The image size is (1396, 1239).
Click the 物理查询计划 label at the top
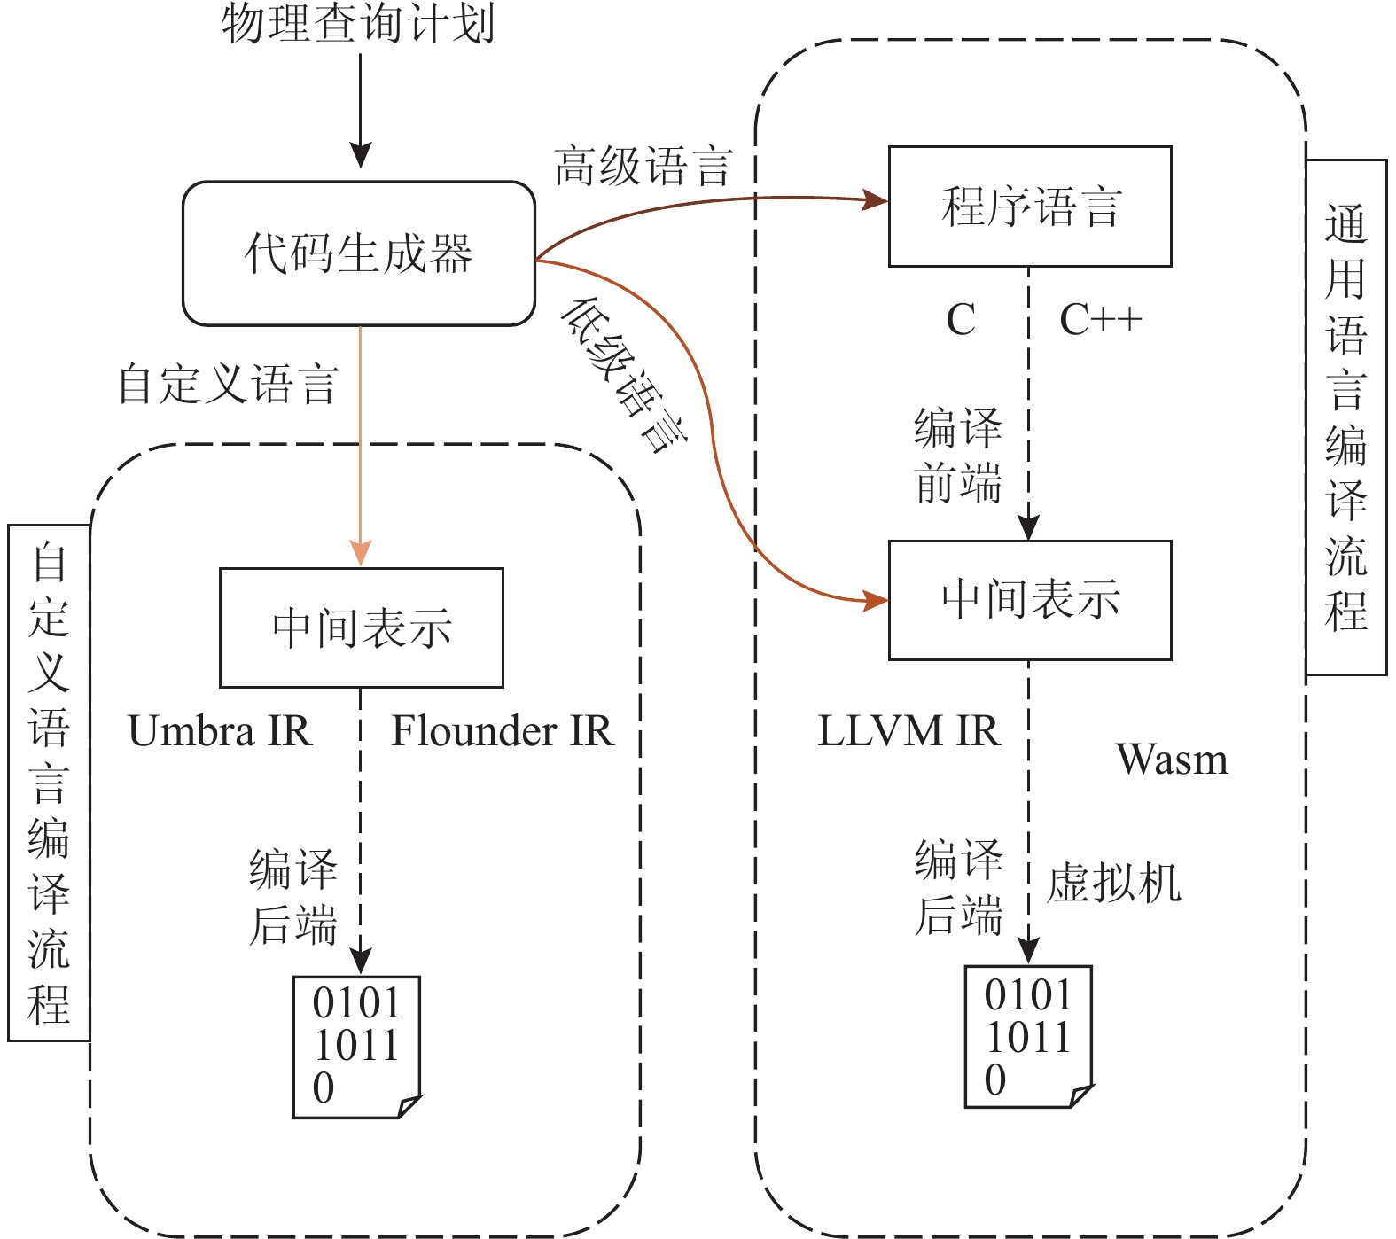(358, 24)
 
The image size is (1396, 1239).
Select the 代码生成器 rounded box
(359, 254)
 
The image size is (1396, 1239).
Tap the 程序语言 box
(1030, 206)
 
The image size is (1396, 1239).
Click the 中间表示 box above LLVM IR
(1030, 600)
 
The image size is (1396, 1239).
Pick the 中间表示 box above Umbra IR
(362, 627)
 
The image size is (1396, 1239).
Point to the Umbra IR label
(220, 732)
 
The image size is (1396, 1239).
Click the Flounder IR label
(503, 732)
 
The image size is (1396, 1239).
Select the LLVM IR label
(909, 732)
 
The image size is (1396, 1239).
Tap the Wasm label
(1172, 760)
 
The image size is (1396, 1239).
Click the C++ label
(1100, 320)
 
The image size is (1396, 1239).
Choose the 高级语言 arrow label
(643, 167)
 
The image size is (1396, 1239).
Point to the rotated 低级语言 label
(624, 375)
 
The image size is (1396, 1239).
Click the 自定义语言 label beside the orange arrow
(229, 385)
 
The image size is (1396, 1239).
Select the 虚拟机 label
(1114, 884)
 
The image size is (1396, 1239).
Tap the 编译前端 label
(958, 456)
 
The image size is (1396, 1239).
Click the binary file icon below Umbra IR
(356, 1047)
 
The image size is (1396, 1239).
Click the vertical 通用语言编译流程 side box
(1346, 417)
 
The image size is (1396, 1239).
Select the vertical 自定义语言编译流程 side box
(49, 783)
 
